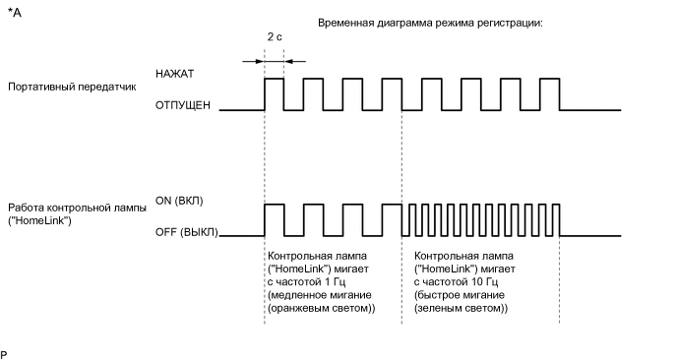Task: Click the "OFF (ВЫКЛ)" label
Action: point(185,232)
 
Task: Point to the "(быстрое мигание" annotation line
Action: point(453,295)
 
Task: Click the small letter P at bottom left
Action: point(5,352)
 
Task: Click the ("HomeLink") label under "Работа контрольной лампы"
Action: point(38,220)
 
